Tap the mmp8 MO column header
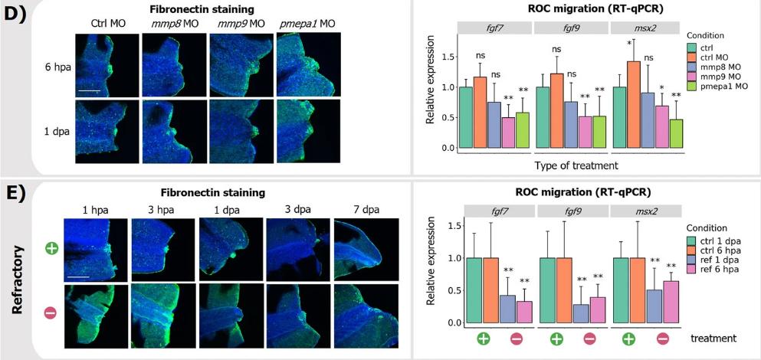[169, 24]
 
